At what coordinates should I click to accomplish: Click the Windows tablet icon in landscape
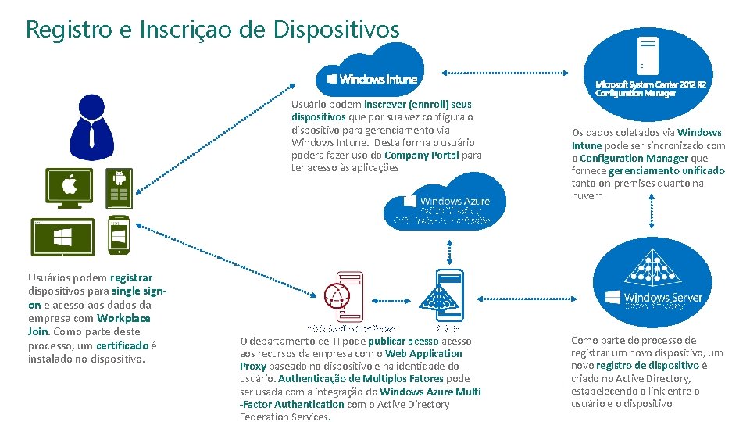coord(62,236)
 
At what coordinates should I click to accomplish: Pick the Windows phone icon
coord(119,235)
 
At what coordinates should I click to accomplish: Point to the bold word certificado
coord(123,345)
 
